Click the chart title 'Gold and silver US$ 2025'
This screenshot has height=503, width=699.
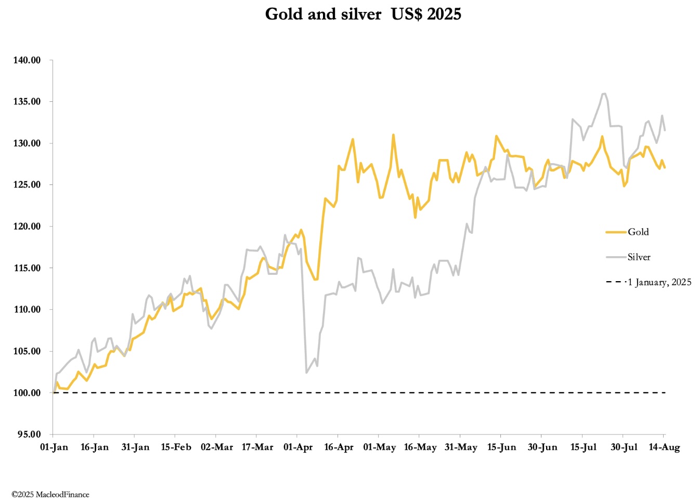[363, 14]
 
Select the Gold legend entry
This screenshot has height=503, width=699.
[638, 232]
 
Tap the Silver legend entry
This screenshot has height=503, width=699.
[639, 257]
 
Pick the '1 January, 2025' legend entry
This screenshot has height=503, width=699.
[659, 282]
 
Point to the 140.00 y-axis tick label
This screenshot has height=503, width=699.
[27, 60]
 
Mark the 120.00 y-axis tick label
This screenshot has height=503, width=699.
[27, 227]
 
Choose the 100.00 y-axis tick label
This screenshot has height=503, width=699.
[27, 393]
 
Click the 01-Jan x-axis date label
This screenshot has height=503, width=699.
[54, 447]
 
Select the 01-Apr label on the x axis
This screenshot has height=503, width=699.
[298, 447]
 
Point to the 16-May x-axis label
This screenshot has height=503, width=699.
[420, 447]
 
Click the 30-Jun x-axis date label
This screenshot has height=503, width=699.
[542, 447]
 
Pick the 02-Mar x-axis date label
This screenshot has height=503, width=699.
[217, 447]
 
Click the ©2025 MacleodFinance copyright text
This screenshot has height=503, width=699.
[50, 495]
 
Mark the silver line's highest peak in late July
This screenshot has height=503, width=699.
[604, 94]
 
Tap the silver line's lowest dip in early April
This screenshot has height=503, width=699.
[306, 373]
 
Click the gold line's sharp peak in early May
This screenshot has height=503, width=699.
[393, 135]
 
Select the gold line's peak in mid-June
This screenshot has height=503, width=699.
[496, 136]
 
